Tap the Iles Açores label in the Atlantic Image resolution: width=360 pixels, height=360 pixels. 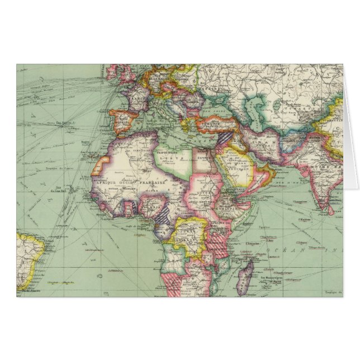(65, 119)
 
